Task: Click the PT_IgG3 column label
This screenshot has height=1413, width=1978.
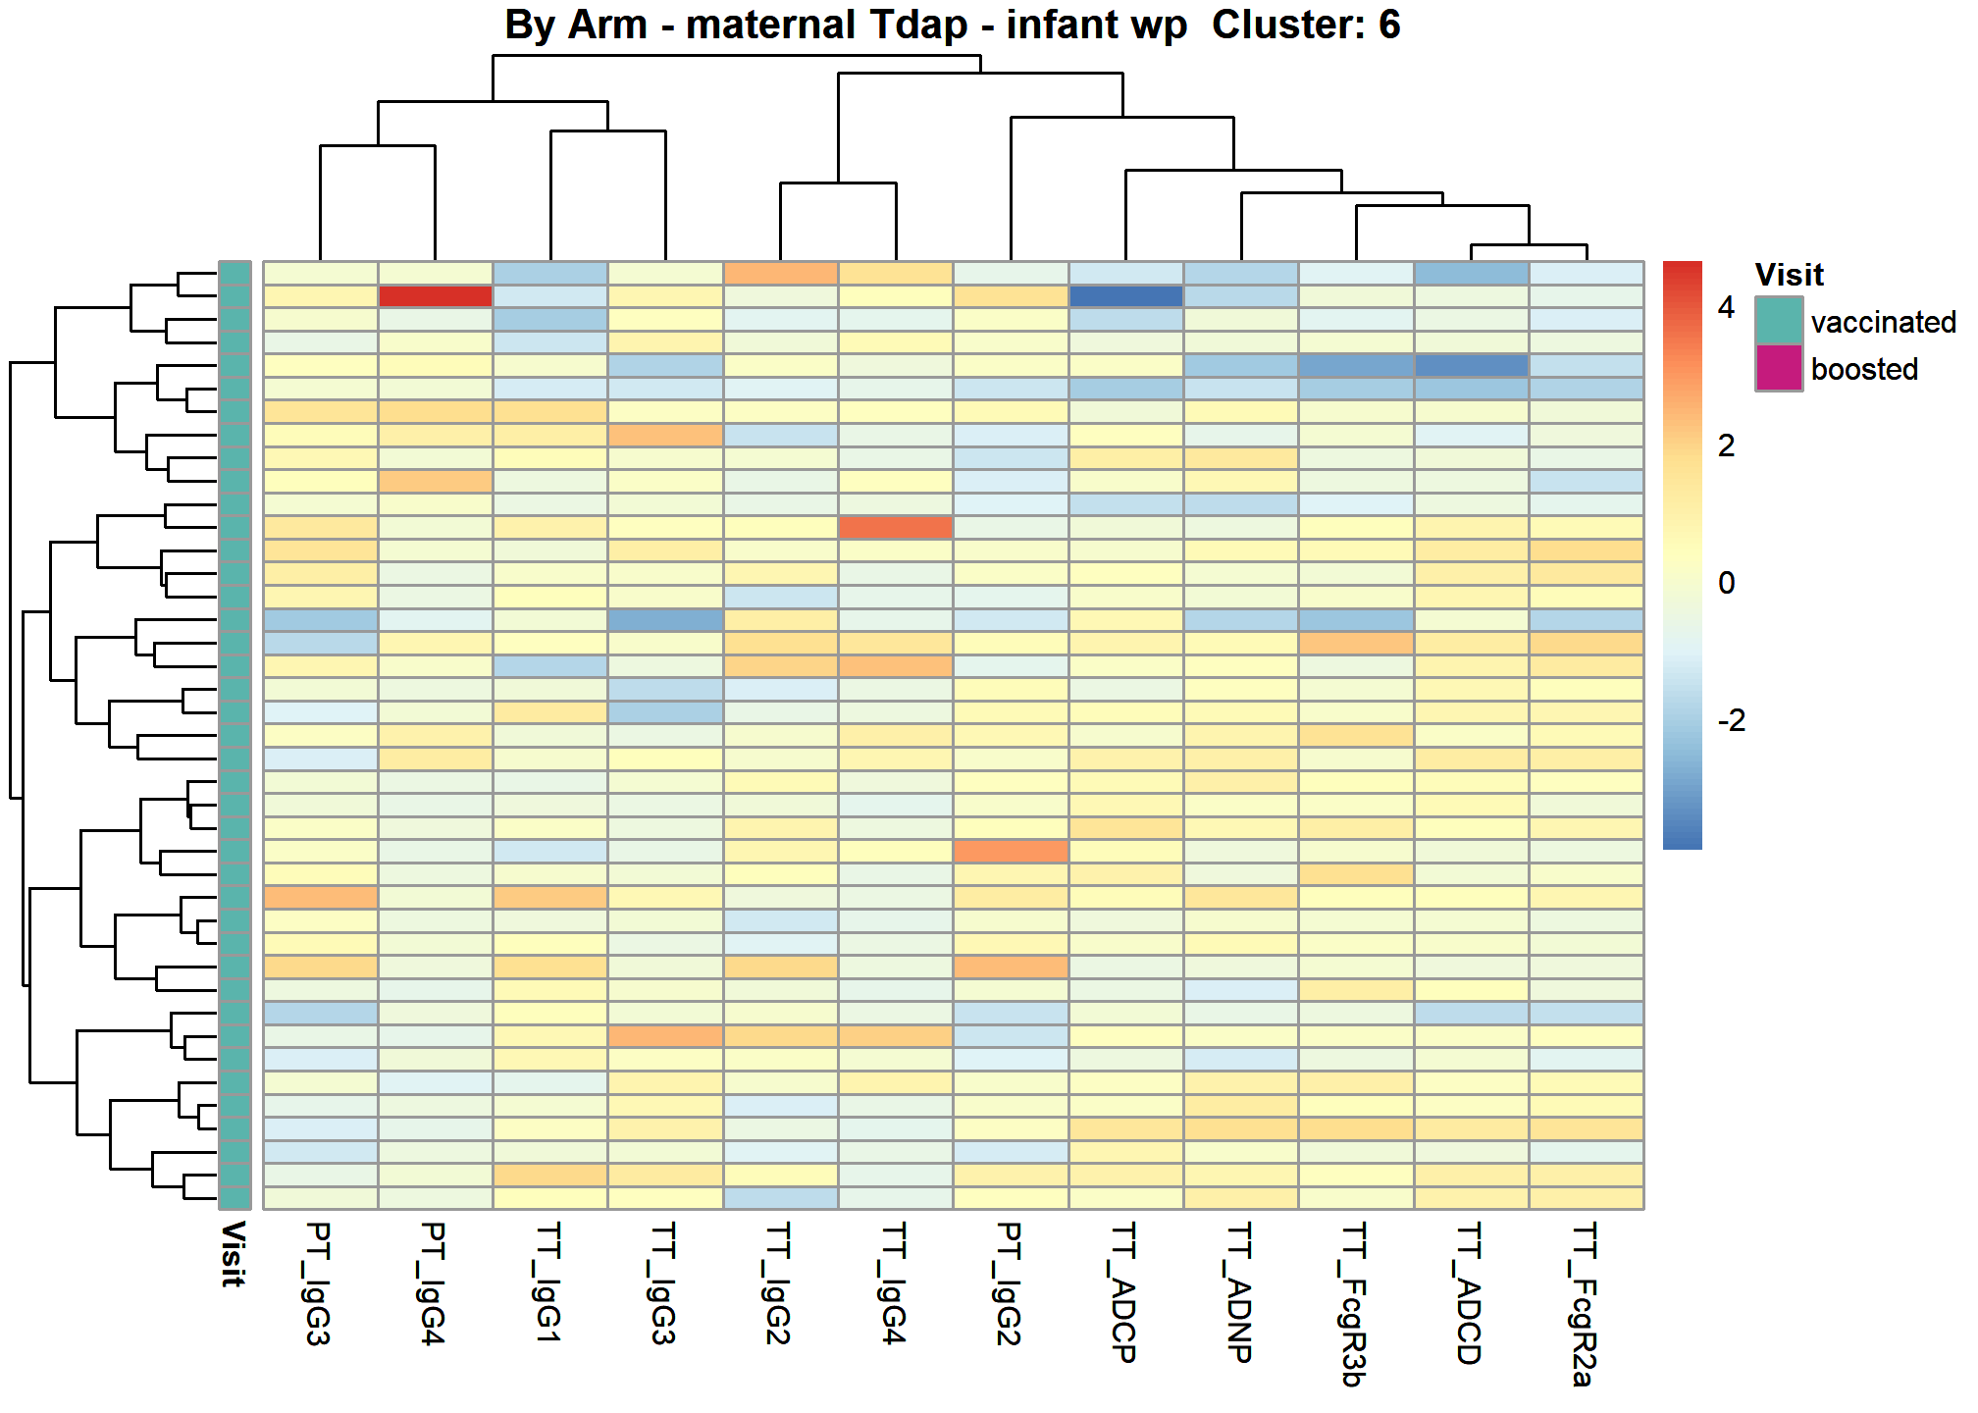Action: (x=319, y=1283)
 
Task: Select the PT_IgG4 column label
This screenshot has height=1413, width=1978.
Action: (x=434, y=1283)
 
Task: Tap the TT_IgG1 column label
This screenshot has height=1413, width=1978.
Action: (x=549, y=1282)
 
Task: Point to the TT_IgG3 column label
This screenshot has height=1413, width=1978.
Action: (x=664, y=1283)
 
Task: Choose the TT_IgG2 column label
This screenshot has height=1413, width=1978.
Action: (x=779, y=1283)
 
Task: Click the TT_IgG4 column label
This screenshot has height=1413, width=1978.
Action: (x=895, y=1283)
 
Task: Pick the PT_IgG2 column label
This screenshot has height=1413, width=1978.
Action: (x=1010, y=1283)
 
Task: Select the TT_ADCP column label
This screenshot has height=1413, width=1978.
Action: (x=1124, y=1292)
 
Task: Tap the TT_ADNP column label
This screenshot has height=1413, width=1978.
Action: (x=1240, y=1292)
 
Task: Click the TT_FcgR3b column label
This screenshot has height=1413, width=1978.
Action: (x=1355, y=1304)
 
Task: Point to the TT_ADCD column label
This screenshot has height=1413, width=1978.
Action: (x=1470, y=1293)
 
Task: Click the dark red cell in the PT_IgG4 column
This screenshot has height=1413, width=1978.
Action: (x=435, y=296)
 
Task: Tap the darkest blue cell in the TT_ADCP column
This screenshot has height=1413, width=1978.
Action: (x=1125, y=296)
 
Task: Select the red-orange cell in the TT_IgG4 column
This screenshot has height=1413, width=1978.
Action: (x=896, y=527)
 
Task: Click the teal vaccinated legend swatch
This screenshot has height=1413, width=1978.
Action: (x=1779, y=321)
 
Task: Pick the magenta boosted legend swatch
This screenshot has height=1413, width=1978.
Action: (x=1779, y=368)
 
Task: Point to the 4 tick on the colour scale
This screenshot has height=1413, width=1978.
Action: (x=1726, y=307)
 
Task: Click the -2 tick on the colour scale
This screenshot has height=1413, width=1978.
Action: (x=1732, y=720)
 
